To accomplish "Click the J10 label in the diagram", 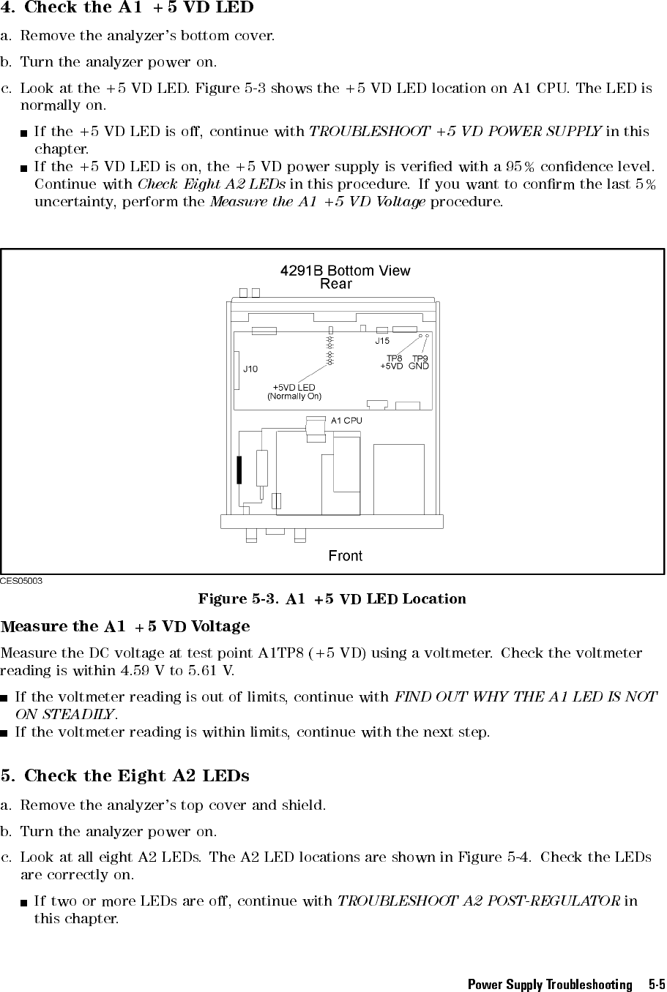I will [250, 369].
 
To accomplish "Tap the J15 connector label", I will [382, 341].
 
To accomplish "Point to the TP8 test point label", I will [395, 358].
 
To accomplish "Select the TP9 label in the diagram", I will [420, 358].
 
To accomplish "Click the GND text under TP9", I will [419, 366].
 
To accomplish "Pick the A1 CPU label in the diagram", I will [346, 421].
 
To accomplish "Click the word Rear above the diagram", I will [336, 284].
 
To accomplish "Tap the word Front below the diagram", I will [346, 556].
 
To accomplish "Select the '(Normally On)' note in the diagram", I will [294, 396].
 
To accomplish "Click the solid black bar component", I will [239, 470].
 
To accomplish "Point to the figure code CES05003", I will [21, 580].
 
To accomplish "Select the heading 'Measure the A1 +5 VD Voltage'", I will [125, 626].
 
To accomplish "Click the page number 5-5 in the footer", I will [656, 984].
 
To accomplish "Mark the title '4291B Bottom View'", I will [346, 271].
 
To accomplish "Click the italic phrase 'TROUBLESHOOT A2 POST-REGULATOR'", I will [480, 901].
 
